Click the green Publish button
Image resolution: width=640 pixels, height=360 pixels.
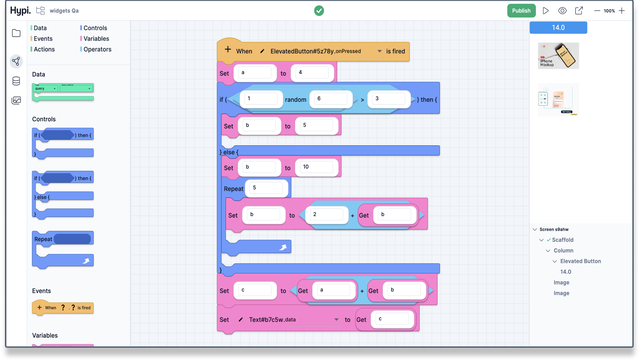click(521, 10)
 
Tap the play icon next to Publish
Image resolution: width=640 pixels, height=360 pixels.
click(545, 10)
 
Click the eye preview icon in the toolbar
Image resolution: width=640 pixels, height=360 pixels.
click(562, 10)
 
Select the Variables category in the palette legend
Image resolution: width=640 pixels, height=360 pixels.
click(96, 38)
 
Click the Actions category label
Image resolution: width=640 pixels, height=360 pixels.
click(44, 48)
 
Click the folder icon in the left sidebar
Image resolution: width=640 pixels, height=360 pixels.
click(16, 33)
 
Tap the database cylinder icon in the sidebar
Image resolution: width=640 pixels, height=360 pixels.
click(16, 81)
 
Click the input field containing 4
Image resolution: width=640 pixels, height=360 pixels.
click(305, 73)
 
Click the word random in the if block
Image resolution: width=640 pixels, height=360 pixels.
click(295, 99)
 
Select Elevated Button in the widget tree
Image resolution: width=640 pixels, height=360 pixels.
click(580, 261)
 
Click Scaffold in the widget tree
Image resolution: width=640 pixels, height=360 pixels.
click(564, 239)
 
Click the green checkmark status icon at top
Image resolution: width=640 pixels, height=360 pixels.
click(319, 10)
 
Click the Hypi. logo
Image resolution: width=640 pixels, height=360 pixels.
click(15, 10)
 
